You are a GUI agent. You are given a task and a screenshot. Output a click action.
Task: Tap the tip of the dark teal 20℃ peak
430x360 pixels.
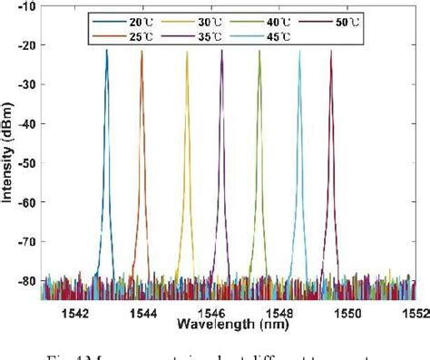[x=106, y=51]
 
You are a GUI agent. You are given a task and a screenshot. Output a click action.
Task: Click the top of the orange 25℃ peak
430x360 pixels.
[x=142, y=52]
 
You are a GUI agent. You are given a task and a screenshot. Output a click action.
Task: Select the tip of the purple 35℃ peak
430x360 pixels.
[x=221, y=51]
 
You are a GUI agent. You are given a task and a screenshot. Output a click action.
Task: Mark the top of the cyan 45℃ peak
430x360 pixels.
[x=299, y=52]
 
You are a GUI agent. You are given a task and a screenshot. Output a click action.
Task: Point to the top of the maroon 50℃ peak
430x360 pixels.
[x=331, y=51]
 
